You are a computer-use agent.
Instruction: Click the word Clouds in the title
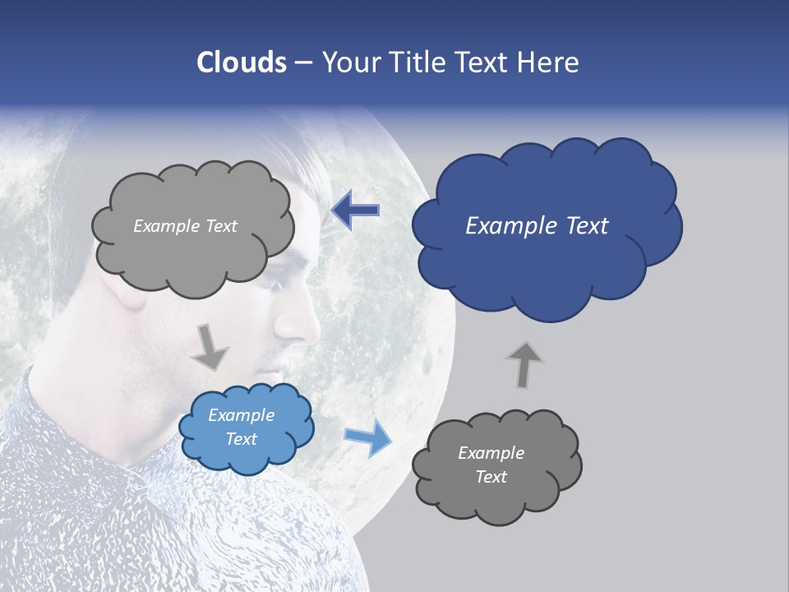[x=241, y=62]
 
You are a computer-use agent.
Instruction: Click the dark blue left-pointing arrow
[x=356, y=210]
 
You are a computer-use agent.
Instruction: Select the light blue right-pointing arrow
[x=367, y=437]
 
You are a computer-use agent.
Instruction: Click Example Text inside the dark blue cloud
[x=537, y=226]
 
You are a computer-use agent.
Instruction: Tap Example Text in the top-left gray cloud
[x=185, y=226]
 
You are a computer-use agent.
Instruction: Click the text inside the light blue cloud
[x=241, y=428]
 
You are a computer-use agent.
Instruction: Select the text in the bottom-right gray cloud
[x=491, y=465]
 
